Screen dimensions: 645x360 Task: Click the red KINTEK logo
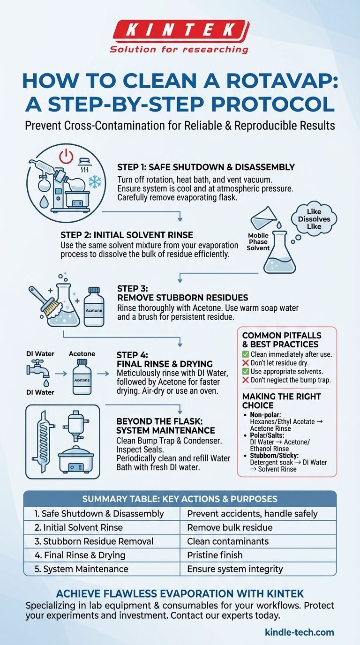click(180, 29)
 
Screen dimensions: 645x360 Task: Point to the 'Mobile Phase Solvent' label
click(258, 241)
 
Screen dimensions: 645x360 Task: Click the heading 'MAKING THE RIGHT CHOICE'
click(281, 401)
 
